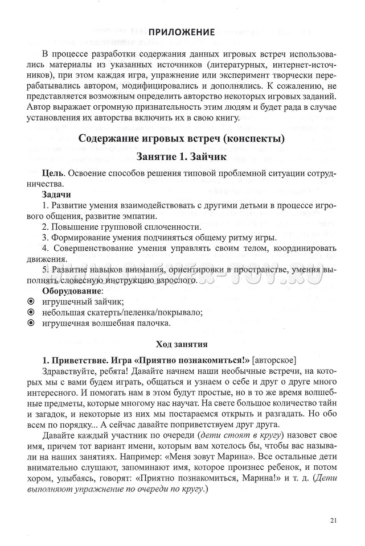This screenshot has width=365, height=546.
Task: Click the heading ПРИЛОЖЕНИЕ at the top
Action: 182,32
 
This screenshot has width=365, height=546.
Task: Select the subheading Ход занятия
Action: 182,344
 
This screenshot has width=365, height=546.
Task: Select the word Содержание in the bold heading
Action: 106,139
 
